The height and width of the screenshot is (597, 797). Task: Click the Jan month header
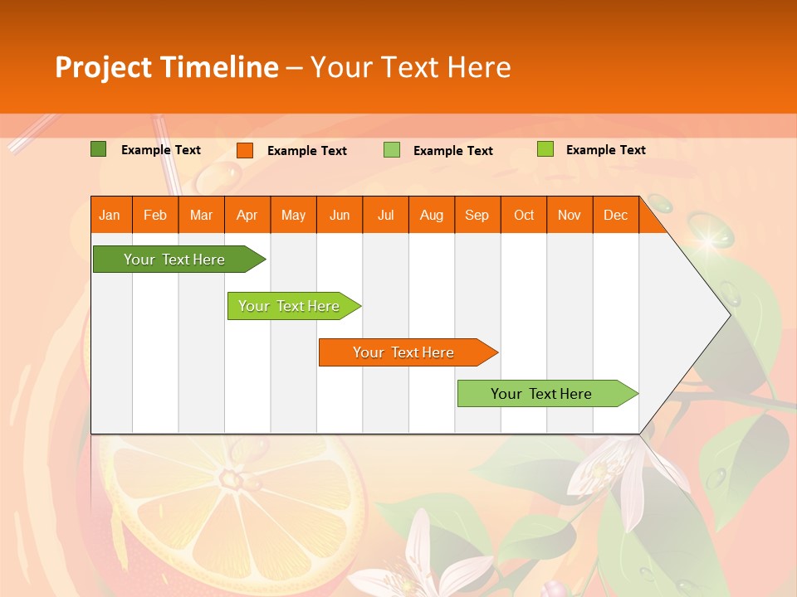(110, 216)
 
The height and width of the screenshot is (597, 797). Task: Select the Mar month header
(201, 216)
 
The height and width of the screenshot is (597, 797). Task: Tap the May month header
(293, 216)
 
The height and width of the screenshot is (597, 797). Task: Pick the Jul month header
(385, 216)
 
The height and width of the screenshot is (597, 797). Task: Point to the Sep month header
(477, 216)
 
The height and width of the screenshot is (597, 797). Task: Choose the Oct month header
(524, 216)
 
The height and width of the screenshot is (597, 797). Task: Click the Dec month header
(615, 216)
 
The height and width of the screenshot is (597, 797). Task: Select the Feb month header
(155, 216)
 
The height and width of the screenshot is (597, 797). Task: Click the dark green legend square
(99, 149)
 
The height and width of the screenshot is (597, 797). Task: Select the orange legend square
(245, 150)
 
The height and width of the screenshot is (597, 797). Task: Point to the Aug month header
(431, 216)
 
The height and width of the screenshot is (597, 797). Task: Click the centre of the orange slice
(229, 478)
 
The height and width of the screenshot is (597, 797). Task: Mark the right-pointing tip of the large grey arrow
(729, 315)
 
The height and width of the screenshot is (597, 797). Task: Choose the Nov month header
(570, 216)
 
